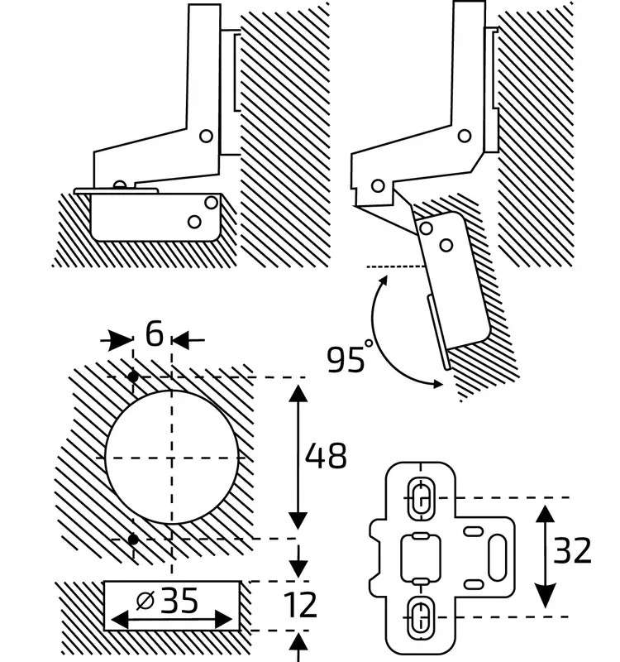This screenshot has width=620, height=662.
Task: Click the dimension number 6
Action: (154, 334)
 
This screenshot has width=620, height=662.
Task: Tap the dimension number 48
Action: (326, 456)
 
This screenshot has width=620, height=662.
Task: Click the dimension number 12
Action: (299, 605)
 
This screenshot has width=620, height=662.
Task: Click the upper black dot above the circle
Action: (133, 377)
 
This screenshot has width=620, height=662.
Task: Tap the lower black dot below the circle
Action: (133, 540)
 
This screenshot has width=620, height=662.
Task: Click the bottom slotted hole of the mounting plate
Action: (420, 615)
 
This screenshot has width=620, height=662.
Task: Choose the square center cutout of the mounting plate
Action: (418, 556)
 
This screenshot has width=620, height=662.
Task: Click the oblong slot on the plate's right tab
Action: (499, 556)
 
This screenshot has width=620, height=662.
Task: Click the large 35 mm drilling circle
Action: (174, 457)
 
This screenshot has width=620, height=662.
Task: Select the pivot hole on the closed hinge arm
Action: (207, 135)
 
